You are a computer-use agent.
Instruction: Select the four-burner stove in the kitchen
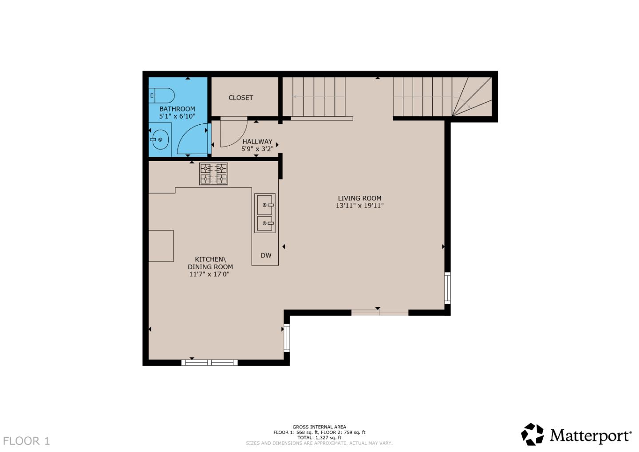pos(213,174)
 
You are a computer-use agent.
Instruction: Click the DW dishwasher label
pos(266,255)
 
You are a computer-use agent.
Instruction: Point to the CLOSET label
pos(241,98)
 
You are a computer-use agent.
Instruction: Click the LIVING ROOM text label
pos(359,198)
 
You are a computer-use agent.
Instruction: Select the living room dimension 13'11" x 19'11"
pos(359,206)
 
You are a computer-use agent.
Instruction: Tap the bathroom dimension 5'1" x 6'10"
pos(177,116)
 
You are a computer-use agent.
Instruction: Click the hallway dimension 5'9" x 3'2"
pos(257,149)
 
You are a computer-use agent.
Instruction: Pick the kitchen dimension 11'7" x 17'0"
pos(209,274)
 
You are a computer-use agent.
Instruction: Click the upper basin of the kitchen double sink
pos(265,205)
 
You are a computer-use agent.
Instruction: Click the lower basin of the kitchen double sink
pos(265,223)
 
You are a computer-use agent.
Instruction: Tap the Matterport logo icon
pos(532,434)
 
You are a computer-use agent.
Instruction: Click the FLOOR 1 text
pos(26,441)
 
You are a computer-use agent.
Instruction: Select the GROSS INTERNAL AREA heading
pos(319,427)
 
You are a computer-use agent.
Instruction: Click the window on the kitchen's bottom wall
pos(209,363)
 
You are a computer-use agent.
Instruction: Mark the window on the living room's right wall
pos(447,288)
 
